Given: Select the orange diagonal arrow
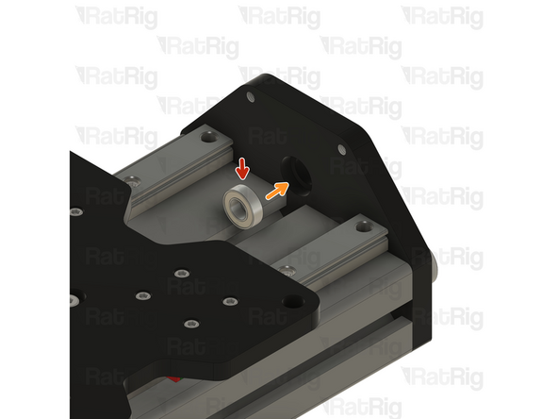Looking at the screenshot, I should click(275, 191).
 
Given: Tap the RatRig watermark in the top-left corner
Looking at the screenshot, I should click(116, 17).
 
